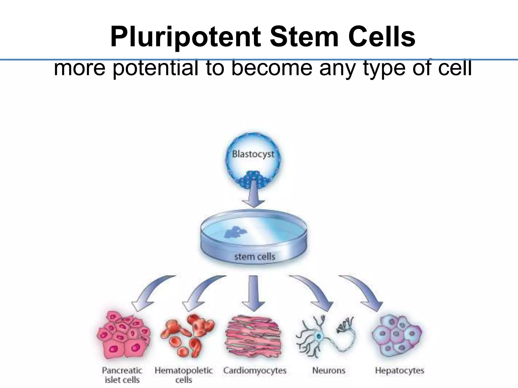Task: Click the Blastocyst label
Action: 253,154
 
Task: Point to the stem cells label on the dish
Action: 254,257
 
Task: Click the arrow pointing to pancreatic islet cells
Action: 152,293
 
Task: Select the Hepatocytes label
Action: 399,371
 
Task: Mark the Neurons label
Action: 329,371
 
